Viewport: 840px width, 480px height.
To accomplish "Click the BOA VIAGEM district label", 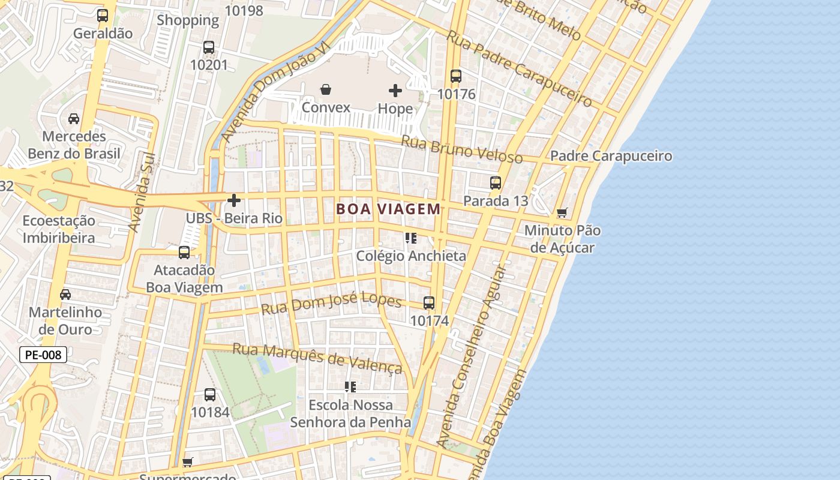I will click(388, 209).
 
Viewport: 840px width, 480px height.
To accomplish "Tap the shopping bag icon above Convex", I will click(325, 90).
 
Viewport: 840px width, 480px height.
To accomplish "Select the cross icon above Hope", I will click(395, 91).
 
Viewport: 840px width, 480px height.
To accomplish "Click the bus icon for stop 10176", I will click(456, 76).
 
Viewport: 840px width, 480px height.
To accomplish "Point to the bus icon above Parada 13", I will click(496, 183).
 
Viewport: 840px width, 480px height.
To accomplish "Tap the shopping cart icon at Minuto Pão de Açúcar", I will click(562, 213).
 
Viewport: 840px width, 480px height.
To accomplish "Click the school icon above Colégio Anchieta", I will click(411, 238).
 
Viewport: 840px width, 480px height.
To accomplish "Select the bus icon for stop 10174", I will click(429, 303).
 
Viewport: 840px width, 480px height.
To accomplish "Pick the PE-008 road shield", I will click(43, 355).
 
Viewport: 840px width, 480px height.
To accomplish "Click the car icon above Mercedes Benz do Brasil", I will click(74, 119).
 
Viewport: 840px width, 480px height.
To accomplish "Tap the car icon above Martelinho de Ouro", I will click(65, 295).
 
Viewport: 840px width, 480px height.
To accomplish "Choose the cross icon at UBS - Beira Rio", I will click(234, 200).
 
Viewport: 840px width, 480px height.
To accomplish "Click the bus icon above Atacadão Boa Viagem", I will click(184, 253).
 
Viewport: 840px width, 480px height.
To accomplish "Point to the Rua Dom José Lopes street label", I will click(331, 304).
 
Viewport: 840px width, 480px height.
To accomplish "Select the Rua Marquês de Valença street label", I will click(317, 358).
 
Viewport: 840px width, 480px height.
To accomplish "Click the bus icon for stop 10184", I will click(210, 395).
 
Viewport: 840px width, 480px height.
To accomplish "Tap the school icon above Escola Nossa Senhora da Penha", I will click(350, 387).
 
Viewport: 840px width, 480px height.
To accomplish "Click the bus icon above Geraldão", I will click(103, 16).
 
